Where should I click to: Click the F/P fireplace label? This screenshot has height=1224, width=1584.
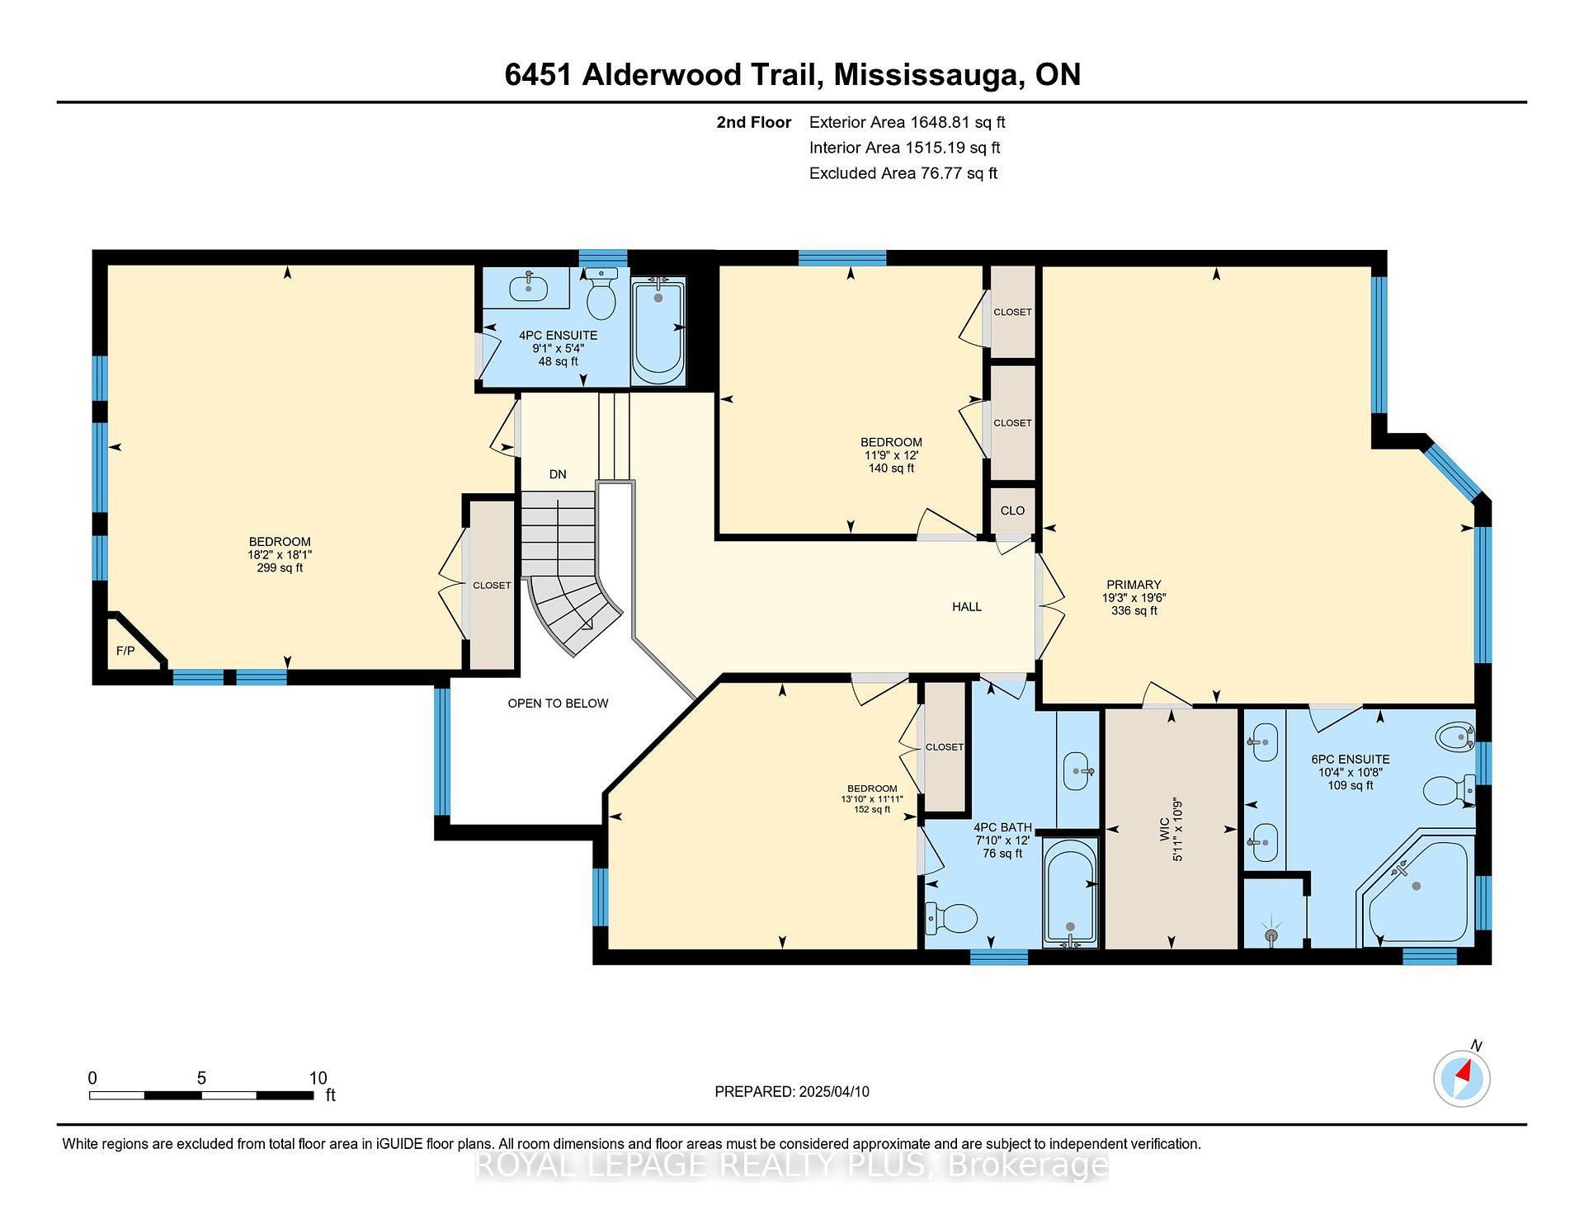click(x=125, y=651)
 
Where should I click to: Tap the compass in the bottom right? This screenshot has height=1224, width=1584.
click(x=1462, y=1078)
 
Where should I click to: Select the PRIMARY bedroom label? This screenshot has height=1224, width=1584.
click(x=1134, y=585)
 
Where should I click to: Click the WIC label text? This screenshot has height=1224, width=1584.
click(x=1163, y=828)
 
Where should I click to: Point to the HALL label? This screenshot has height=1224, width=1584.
click(x=967, y=607)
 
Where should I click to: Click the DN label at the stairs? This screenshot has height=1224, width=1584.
click(x=558, y=474)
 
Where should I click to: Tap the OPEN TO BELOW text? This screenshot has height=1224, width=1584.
click(x=558, y=704)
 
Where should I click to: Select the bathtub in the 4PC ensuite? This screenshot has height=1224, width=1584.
click(x=658, y=330)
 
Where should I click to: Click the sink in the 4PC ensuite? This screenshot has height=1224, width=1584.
click(x=528, y=288)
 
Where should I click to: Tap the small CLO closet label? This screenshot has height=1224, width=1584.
click(x=1012, y=511)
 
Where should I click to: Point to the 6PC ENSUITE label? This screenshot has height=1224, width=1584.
click(x=1351, y=760)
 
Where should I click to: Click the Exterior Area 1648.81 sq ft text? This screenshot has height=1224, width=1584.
click(x=907, y=123)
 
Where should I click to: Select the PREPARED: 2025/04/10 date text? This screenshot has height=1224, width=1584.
click(x=792, y=1092)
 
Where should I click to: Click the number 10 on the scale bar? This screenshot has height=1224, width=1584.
click(x=318, y=1078)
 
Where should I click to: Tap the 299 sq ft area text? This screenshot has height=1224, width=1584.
click(x=280, y=568)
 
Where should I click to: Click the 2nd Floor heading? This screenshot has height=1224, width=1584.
click(x=753, y=123)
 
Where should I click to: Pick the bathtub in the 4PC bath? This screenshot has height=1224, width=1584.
click(x=1071, y=892)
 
